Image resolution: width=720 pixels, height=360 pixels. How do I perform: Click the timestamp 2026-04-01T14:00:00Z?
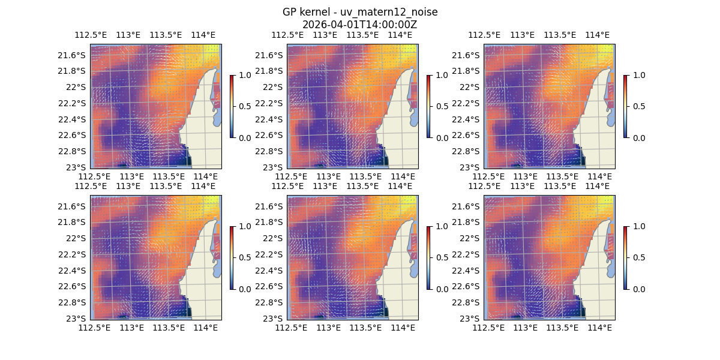tap(359, 25)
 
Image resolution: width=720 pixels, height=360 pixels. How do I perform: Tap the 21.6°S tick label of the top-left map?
tap(74, 55)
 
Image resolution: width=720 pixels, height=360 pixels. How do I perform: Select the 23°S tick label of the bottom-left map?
tap(78, 318)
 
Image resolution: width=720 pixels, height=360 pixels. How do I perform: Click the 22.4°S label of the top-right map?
tap(467, 119)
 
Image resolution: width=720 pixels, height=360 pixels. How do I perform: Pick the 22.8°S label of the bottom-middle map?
tap(271, 302)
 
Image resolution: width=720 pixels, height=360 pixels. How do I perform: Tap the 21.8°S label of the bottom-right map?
tap(467, 222)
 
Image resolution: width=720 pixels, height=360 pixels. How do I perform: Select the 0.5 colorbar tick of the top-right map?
tap(639, 106)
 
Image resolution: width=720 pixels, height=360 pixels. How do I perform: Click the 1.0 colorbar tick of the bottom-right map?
tap(639, 226)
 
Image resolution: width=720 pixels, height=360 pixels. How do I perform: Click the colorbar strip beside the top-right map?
tap(626, 106)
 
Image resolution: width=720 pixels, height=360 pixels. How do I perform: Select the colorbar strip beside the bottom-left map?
tap(232, 257)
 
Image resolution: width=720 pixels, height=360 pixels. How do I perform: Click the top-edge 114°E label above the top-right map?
tap(597, 35)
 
